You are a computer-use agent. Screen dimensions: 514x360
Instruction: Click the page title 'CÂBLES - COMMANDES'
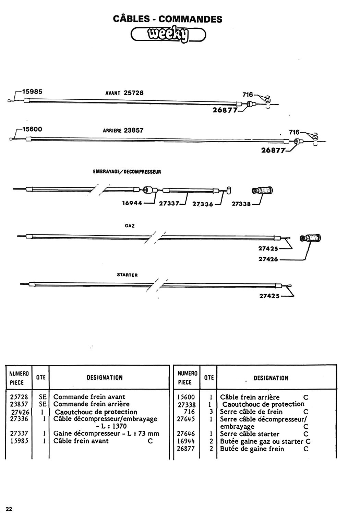point(168,19)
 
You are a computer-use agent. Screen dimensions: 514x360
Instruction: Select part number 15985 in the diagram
point(32,91)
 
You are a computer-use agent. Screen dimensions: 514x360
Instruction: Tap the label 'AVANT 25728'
point(124,93)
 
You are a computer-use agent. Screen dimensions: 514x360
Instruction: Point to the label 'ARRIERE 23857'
point(123,130)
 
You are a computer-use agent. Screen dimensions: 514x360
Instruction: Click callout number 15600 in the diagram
point(32,129)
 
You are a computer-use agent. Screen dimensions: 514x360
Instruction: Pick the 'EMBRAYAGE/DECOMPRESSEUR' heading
point(127,172)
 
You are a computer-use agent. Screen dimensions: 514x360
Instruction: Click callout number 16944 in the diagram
point(132,203)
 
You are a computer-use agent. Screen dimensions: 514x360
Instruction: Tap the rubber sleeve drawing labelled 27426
point(310,238)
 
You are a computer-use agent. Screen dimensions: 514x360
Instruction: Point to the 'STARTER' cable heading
point(127,275)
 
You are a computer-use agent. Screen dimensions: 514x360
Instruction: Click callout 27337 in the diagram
point(169,204)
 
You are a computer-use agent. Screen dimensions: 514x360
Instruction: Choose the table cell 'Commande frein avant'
point(89,397)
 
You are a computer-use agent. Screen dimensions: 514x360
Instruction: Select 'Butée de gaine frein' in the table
point(252,449)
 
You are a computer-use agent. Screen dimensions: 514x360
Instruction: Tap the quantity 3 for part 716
point(211,412)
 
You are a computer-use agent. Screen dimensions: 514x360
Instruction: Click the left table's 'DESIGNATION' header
point(105,378)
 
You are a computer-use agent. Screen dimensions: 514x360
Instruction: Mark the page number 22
point(9,509)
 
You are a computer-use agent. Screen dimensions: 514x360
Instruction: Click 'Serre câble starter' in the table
point(250,434)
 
